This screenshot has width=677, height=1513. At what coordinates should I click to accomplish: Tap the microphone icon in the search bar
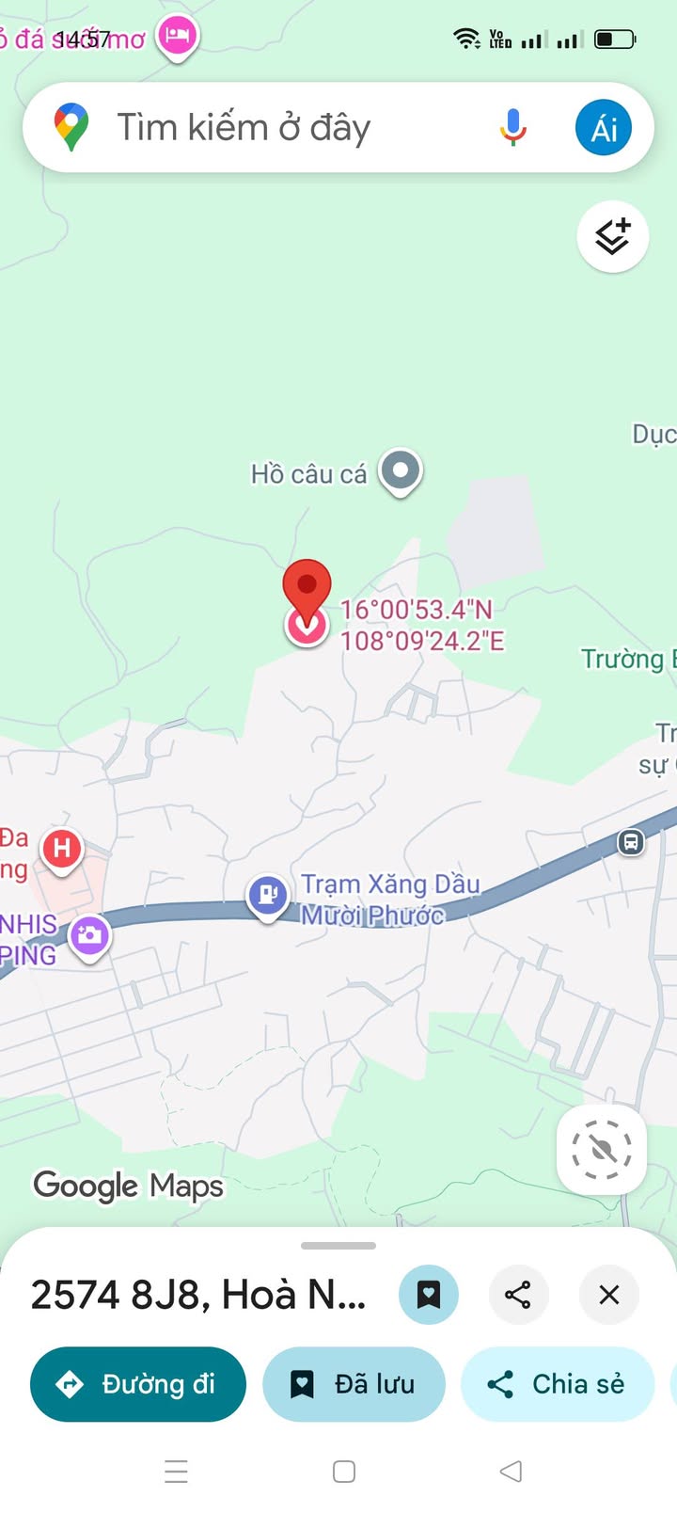[x=512, y=127]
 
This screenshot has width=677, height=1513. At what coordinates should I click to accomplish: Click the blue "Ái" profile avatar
[x=604, y=127]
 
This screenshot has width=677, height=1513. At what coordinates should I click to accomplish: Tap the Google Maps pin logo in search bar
[x=71, y=128]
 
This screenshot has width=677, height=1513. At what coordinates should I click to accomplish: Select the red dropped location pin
[x=307, y=589]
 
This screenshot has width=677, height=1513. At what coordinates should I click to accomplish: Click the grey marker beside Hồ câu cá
[x=401, y=470]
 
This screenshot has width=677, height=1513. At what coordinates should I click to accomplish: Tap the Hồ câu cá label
[x=308, y=474]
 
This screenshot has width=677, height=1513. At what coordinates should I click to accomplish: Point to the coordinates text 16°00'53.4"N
[x=416, y=610]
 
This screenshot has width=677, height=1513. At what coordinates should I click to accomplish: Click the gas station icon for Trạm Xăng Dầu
[x=267, y=894]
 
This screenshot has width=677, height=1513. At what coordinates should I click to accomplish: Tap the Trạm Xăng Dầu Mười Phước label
[x=389, y=899]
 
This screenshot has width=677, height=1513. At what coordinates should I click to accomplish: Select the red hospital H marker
[x=62, y=849]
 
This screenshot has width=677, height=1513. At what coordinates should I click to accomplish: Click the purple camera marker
[x=90, y=934]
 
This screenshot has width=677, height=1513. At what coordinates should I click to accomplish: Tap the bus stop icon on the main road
[x=631, y=841]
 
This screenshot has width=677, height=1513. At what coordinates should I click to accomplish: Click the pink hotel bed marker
[x=177, y=37]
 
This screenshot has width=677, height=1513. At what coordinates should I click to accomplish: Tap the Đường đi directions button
[x=138, y=1384]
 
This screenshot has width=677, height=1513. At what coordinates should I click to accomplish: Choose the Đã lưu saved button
[x=354, y=1384]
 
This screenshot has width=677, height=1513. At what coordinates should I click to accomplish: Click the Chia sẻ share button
[x=557, y=1384]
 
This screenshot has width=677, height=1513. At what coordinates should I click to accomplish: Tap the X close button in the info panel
[x=609, y=1295]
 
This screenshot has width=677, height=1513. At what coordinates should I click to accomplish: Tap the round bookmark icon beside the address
[x=429, y=1295]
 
